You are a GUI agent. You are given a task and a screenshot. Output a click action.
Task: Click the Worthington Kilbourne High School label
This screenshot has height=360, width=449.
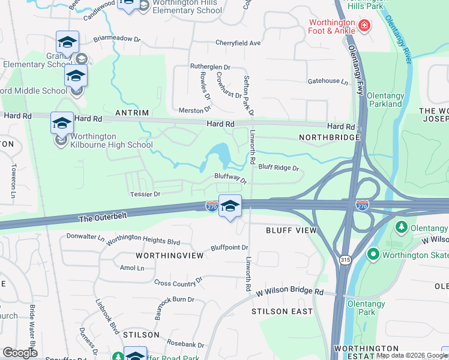coord(111,140)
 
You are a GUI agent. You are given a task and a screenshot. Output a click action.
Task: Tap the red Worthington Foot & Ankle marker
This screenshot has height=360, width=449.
coord(364,26)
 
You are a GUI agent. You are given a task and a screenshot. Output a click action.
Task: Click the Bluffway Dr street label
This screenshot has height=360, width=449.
coord(231,179)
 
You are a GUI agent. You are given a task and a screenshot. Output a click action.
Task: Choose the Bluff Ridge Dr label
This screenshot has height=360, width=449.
coord(279,168)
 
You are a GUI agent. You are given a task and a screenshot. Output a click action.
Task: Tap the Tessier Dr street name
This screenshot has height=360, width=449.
coord(145,194)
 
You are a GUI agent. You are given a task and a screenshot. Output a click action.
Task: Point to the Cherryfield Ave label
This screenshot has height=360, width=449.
coord(238,43)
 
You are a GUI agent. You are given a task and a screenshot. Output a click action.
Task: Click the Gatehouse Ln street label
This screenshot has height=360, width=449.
coord(327,81)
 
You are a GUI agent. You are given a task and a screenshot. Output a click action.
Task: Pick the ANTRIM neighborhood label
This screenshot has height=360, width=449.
coord(149,112)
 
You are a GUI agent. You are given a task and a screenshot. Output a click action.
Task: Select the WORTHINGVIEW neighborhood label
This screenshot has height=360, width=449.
coord(170,255)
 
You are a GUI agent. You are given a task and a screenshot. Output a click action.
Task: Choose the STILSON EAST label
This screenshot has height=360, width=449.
coord(282,311)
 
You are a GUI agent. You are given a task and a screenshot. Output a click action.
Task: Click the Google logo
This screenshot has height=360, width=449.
coord(20,352)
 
